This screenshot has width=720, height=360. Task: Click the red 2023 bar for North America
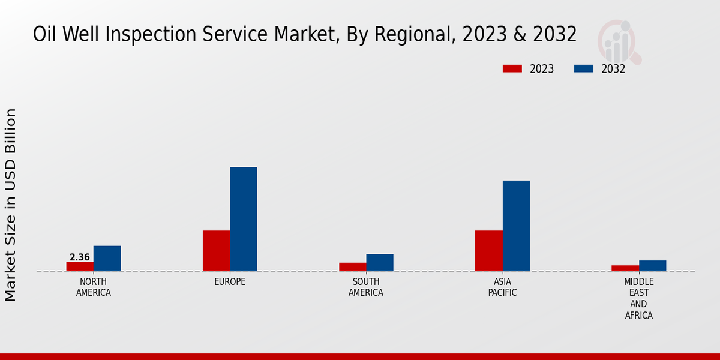coord(80,266)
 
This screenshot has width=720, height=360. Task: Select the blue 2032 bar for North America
coord(107,258)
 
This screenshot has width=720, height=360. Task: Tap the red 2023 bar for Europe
coord(216,251)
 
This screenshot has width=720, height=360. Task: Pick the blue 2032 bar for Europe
coord(243,219)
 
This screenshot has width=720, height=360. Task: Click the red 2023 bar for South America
coord(352,267)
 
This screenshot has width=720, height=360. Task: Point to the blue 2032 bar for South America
coord(380,262)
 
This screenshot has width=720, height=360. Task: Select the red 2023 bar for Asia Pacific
coord(488,251)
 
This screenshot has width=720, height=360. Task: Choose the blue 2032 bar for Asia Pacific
coord(516,226)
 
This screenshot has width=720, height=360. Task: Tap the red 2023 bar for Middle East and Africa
coord(625,268)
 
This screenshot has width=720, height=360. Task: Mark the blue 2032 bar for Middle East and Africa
coord(652,265)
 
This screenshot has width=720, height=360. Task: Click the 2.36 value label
coord(80,257)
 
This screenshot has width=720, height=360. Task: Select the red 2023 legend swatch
coord(512,68)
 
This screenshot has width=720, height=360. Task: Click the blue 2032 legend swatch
coord(583,68)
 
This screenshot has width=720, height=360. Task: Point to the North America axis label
coord(94,287)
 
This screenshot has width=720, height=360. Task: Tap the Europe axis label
coord(230,282)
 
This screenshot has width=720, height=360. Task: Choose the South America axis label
coord(366,287)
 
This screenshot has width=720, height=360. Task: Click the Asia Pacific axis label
coord(502,287)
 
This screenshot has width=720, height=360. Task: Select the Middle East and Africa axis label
coord(638,298)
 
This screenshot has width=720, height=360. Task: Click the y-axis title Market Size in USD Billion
coord(11,205)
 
